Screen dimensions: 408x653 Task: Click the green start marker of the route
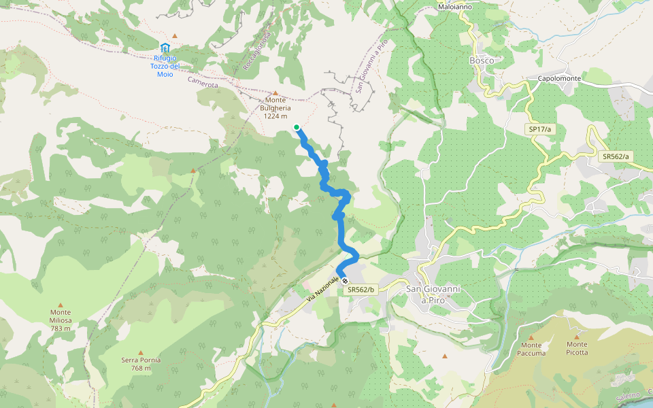(x=297, y=127)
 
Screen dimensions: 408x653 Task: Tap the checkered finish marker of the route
(x=346, y=281)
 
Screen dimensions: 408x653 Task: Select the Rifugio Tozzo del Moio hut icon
(x=165, y=48)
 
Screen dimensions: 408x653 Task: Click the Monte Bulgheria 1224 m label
(x=275, y=107)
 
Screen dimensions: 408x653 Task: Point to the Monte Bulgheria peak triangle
(x=275, y=93)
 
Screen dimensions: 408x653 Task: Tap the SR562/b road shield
(x=361, y=290)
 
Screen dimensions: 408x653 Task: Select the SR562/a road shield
(x=616, y=156)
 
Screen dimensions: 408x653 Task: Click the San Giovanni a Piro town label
(x=433, y=294)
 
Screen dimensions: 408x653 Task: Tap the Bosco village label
(x=482, y=61)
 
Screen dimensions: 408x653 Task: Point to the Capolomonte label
(x=559, y=78)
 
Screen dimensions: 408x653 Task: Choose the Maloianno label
(x=455, y=7)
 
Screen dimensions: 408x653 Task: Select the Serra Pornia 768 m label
(x=141, y=364)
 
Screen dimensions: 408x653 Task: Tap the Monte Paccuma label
(x=531, y=349)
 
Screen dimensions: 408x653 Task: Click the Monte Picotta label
(x=577, y=349)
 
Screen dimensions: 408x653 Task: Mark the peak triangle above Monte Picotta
(x=577, y=336)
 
